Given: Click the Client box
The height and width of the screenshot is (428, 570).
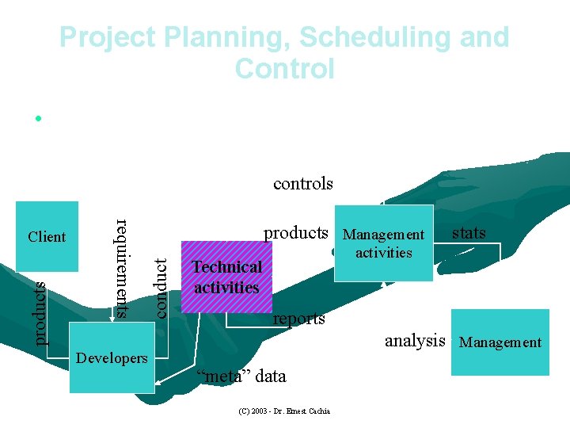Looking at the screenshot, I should click(47, 236).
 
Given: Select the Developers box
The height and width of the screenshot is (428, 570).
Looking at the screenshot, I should click(112, 358).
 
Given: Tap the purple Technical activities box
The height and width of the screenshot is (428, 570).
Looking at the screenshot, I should click(227, 277).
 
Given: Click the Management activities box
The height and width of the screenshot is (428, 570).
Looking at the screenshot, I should click(384, 243).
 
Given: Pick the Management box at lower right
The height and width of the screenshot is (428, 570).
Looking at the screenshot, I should click(500, 342).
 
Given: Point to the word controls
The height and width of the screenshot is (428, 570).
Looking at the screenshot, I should click(303, 184).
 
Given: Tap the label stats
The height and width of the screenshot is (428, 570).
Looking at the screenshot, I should click(469, 232).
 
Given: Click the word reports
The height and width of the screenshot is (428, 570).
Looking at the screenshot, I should click(298, 319).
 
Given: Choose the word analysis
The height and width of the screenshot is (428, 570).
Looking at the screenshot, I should click(415, 341).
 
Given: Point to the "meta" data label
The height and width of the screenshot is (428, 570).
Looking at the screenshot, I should click(241, 376).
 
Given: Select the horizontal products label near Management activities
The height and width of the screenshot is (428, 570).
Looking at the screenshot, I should click(295, 232).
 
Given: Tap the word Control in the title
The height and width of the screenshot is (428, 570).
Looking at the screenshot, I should click(285, 69).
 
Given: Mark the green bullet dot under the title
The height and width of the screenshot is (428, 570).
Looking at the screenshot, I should click(37, 119).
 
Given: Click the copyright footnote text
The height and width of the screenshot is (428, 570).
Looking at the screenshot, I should click(284, 411).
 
